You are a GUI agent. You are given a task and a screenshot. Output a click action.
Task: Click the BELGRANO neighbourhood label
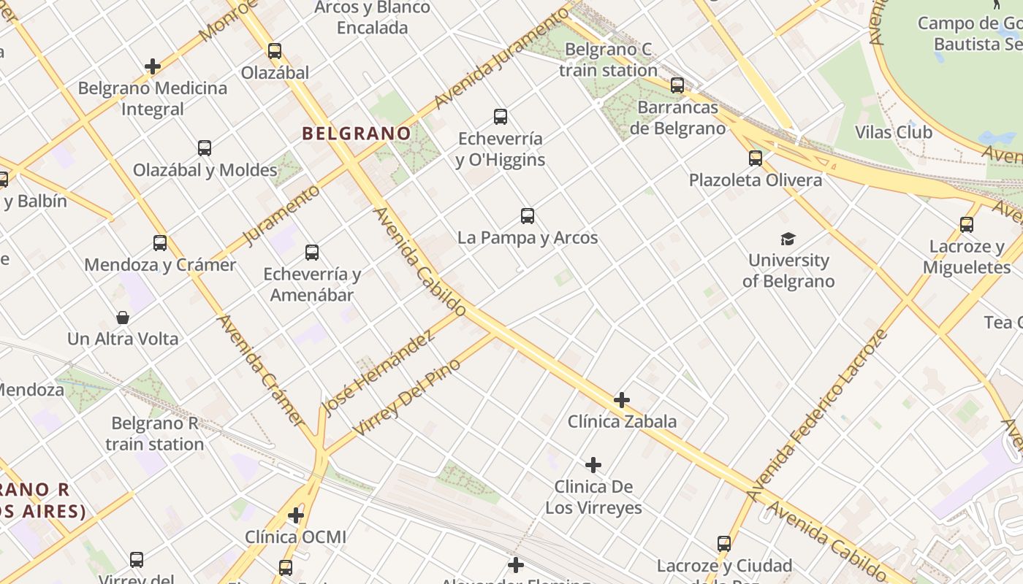pos(357,134)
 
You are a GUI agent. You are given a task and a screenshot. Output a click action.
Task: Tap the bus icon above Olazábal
pos(275,51)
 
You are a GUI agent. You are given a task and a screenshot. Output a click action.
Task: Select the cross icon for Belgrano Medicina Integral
pos(153,66)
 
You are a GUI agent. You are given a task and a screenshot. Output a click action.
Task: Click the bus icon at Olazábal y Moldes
pos(205,148)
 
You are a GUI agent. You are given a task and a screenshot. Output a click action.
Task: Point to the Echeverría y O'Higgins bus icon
pos(501,117)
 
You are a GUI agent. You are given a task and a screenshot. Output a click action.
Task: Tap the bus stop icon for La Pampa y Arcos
pos(528,216)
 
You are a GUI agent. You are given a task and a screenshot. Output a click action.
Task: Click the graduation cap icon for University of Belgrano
pos(788,239)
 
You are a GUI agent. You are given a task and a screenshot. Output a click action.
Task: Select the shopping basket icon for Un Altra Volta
pos(123,318)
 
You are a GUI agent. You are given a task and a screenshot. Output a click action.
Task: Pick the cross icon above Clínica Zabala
pos(622,400)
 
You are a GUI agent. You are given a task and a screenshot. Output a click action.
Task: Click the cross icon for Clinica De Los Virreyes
pos(593,465)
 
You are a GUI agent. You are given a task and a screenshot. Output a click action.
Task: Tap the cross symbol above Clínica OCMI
pos(296,516)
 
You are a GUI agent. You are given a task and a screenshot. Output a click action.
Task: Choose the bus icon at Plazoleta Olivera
pos(756,158)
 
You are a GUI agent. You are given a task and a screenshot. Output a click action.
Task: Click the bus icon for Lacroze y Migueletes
pos(967,225)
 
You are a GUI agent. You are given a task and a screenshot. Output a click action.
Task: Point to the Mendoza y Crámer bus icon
pos(160,243)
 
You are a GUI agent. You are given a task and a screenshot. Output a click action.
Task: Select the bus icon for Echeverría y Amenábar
pos(312,253)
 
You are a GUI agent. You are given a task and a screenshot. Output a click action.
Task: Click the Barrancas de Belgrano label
pos(677,118)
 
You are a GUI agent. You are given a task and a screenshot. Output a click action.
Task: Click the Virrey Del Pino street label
pos(406,396)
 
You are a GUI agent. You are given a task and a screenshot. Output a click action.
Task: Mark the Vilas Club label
pos(894,132)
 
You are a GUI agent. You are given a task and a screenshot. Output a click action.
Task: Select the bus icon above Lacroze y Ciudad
pos(724,544)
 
